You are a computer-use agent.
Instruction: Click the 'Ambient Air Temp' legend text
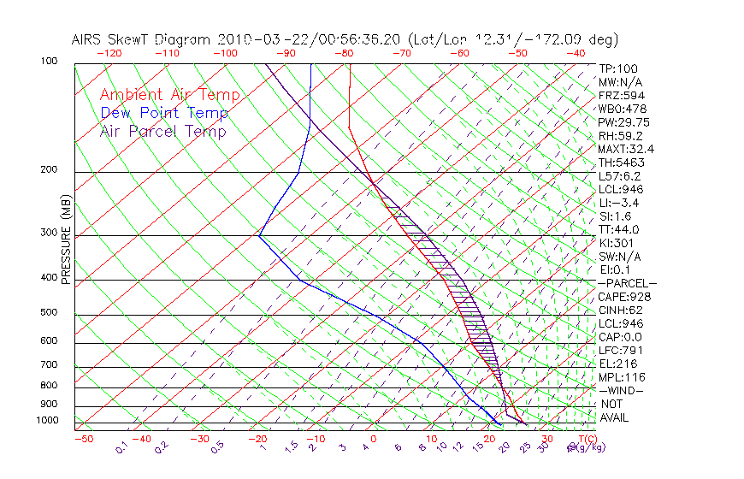pyautogui.click(x=169, y=95)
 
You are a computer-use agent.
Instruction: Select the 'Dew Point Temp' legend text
pyautogui.click(x=164, y=113)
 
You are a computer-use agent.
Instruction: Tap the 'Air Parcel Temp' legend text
pyautogui.click(x=162, y=131)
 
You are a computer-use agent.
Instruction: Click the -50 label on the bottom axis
pyautogui.click(x=83, y=439)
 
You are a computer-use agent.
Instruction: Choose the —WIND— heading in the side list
pyautogui.click(x=620, y=390)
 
